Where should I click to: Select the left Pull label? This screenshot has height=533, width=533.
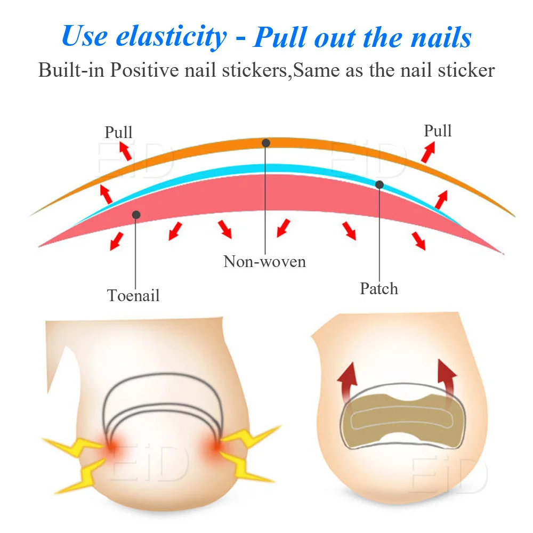tap(118, 132)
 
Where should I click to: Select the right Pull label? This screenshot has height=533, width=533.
tap(438, 131)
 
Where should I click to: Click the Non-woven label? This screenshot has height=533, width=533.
tap(264, 261)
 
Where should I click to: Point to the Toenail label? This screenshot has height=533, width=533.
tap(133, 295)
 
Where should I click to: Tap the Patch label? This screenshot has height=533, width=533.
tap(379, 288)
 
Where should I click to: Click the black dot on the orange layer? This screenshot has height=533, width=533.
tap(266, 143)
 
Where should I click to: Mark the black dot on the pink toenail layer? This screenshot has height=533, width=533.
tap(136, 214)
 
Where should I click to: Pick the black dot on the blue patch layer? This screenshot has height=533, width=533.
tap(379, 184)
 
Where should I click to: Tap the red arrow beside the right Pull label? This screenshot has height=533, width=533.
tap(428, 153)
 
